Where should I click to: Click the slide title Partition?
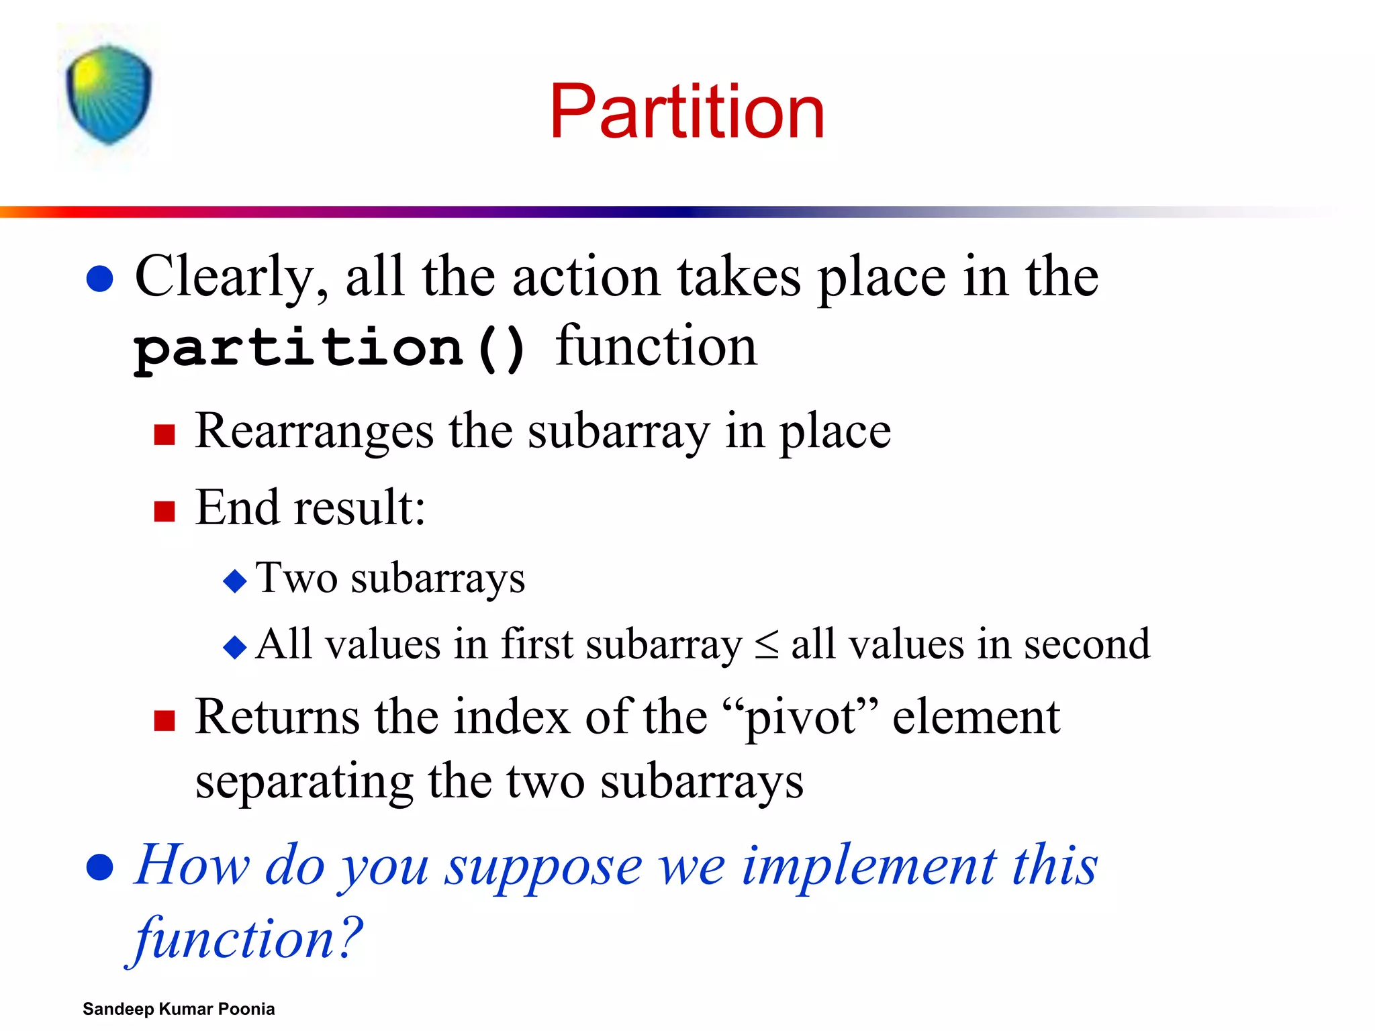click(686, 111)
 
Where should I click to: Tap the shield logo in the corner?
click(109, 95)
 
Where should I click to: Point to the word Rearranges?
click(314, 431)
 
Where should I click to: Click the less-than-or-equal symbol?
click(766, 645)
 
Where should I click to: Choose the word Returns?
click(277, 717)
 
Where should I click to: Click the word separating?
click(303, 783)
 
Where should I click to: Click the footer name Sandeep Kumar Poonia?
click(179, 1009)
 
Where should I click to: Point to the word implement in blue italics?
click(869, 866)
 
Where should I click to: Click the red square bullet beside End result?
click(164, 511)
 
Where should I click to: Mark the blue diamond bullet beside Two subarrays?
click(235, 581)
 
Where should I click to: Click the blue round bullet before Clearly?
click(100, 279)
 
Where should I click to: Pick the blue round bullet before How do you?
click(100, 867)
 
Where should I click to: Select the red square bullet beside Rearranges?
click(164, 435)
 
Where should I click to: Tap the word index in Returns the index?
click(512, 717)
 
